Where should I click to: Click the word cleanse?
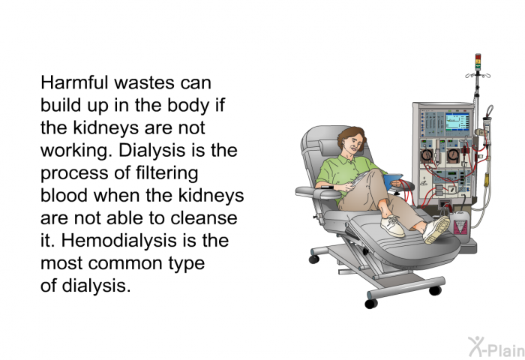(x=203, y=218)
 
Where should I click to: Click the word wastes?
(x=144, y=83)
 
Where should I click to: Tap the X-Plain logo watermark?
(x=496, y=347)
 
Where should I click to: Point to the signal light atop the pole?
(x=478, y=62)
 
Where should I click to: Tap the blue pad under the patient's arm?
(x=393, y=181)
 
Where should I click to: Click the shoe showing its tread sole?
(x=436, y=229)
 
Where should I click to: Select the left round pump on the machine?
(x=427, y=156)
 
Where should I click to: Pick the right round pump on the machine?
(x=453, y=155)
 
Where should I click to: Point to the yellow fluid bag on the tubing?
(x=486, y=180)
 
